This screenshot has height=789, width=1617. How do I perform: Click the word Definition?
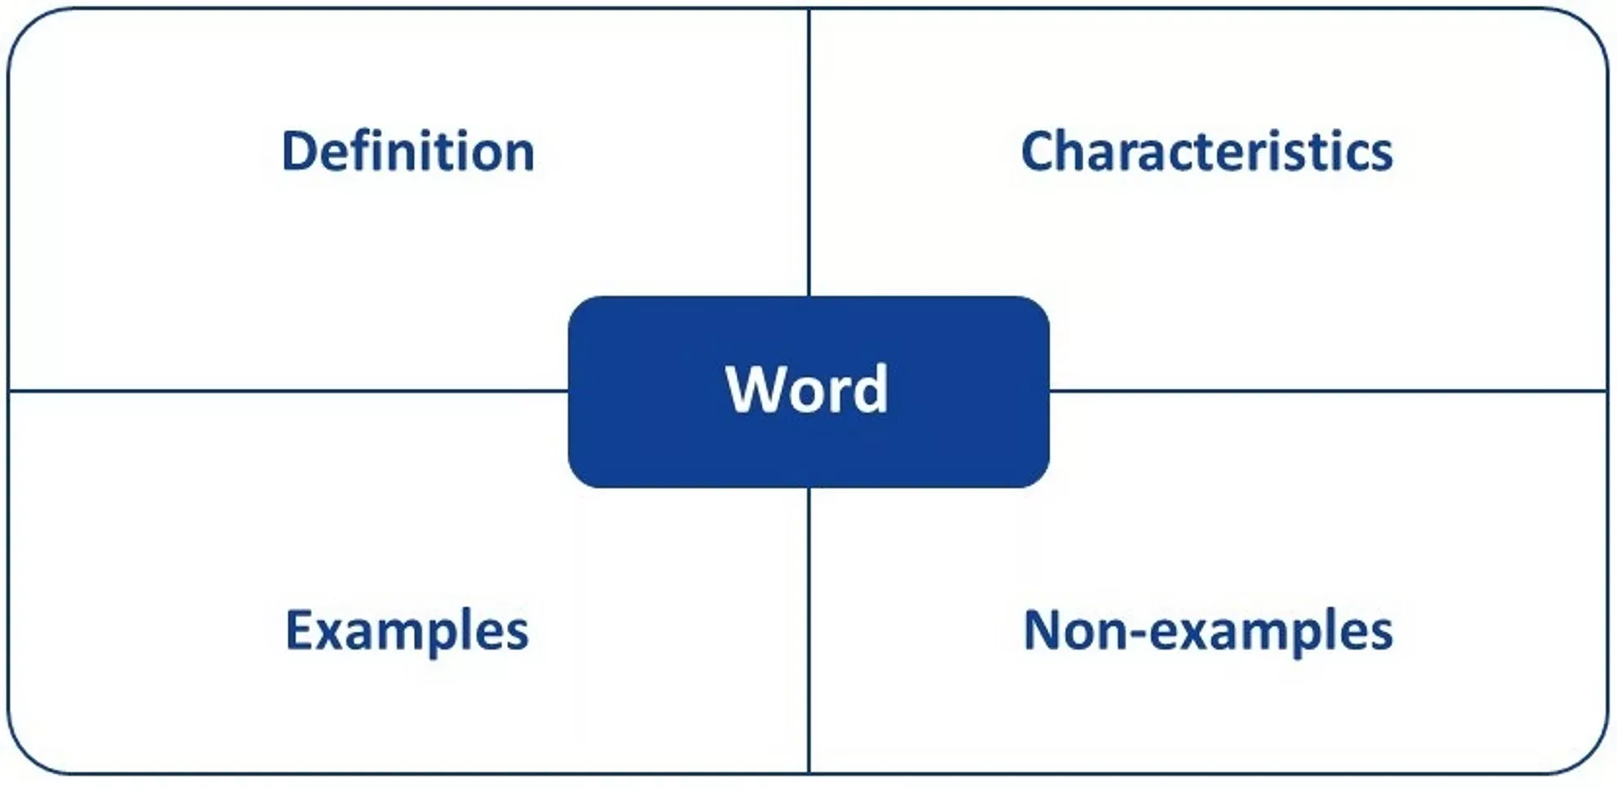(x=408, y=152)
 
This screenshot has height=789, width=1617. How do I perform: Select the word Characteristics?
(x=1207, y=152)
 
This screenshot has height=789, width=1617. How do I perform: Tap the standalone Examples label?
(x=407, y=632)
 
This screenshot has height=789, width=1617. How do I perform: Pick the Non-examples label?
(x=1208, y=632)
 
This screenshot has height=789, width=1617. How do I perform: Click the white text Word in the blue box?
(x=807, y=390)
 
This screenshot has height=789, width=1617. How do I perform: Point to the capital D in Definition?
(x=299, y=152)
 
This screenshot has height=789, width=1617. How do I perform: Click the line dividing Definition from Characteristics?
(x=808, y=152)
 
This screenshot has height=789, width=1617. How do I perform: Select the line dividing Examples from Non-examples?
(x=808, y=630)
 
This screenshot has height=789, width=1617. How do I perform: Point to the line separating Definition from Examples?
(x=289, y=391)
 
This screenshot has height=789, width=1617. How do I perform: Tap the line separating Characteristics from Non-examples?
(x=1328, y=391)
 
